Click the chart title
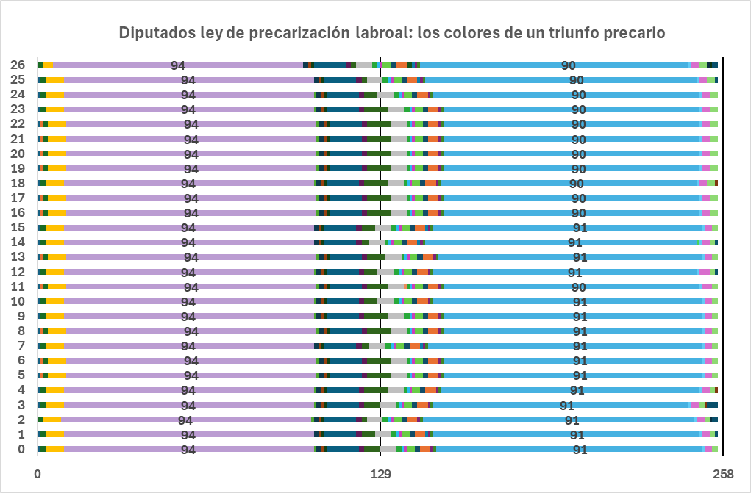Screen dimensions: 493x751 click(x=392, y=33)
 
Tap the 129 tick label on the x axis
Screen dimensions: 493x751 click(x=380, y=474)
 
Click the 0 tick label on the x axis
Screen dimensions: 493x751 click(x=38, y=474)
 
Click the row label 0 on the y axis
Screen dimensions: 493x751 click(x=21, y=450)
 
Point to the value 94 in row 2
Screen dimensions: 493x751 click(x=185, y=420)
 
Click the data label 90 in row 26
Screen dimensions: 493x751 click(x=569, y=65)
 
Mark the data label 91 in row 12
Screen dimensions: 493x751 click(x=575, y=273)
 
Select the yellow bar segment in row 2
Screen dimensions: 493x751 click(x=51, y=420)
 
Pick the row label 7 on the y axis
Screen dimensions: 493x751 click(x=21, y=346)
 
